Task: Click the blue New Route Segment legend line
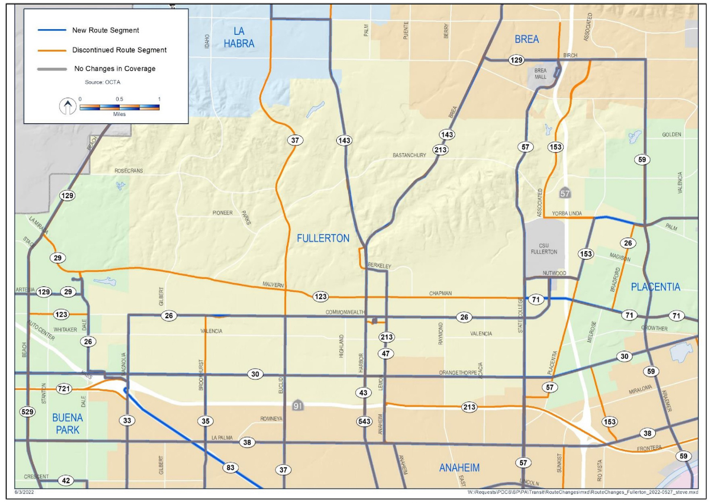coord(52,30)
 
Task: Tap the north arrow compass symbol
coord(67,106)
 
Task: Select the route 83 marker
coord(230,467)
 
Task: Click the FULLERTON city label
coord(323,239)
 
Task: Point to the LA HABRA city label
coord(239,38)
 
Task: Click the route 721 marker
coord(64,389)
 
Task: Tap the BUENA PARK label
coord(67,423)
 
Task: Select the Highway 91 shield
coord(298,405)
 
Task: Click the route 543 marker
coord(365,422)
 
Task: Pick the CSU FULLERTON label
coord(544,249)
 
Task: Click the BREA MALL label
coord(540,74)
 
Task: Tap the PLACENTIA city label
coord(655,287)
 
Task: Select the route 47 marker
coord(386,354)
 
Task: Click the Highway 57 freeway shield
coord(565,194)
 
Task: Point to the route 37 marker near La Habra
coord(295,141)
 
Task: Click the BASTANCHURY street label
coord(409,156)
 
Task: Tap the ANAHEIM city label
coord(459,468)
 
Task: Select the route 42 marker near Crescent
coord(66,481)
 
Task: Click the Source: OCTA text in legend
coord(102,82)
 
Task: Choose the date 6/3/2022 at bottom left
coord(24,492)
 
